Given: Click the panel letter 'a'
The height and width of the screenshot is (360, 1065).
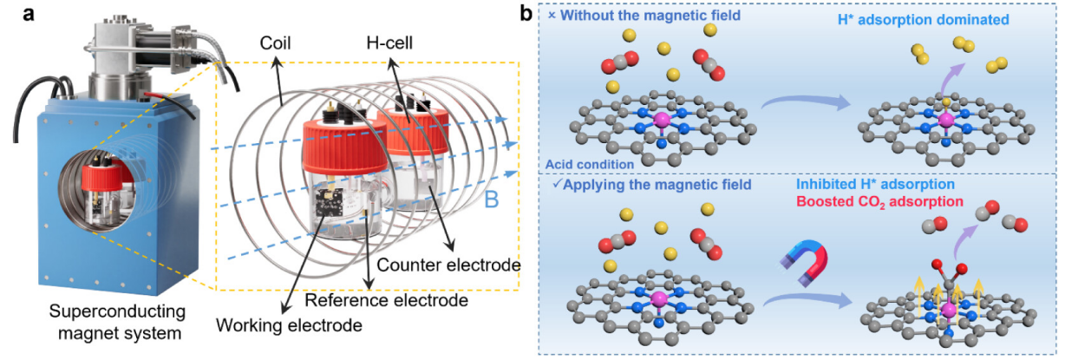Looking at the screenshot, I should (x=12, y=14).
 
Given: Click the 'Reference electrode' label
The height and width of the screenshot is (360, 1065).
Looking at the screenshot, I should (x=386, y=299).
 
